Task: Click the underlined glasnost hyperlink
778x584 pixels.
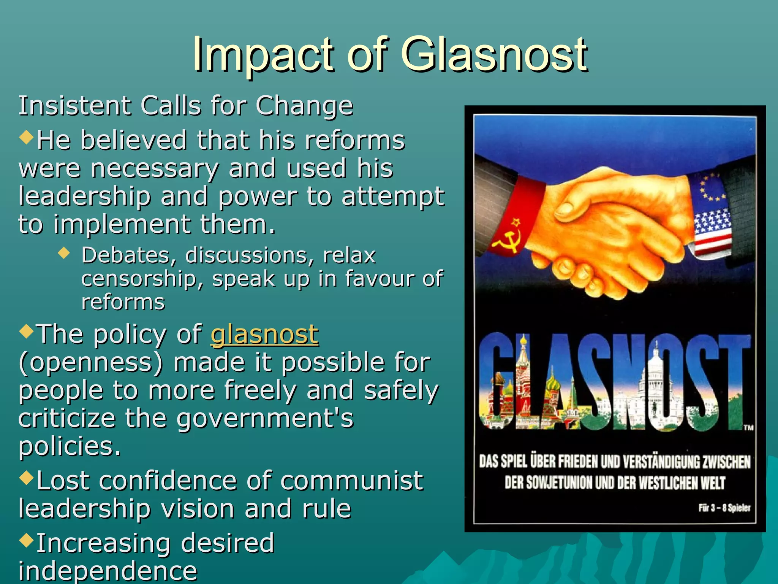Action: (x=264, y=335)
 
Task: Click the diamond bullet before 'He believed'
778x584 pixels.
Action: (x=26, y=137)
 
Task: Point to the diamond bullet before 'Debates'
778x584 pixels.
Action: (x=64, y=253)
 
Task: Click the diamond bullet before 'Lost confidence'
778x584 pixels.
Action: (x=26, y=478)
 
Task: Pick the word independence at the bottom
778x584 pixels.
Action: (x=108, y=571)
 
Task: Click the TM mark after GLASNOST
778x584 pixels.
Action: (x=748, y=428)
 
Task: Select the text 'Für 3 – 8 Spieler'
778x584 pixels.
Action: (x=724, y=508)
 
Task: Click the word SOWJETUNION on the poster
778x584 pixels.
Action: (x=559, y=483)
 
